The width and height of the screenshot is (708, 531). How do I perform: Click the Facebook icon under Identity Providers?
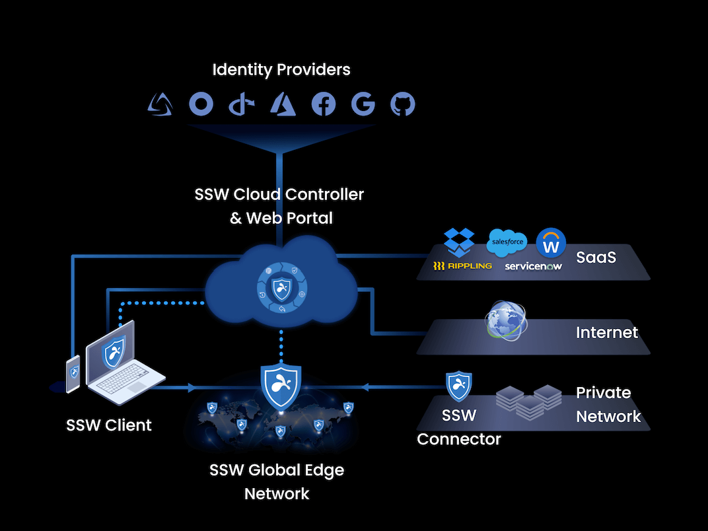[x=324, y=104]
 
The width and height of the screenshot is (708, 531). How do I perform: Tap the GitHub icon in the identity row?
[x=403, y=104]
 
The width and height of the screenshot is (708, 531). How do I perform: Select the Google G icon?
[x=363, y=104]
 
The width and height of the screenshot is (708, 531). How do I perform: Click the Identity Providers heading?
[x=281, y=69]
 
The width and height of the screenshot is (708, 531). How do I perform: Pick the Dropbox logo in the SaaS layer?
[x=459, y=242]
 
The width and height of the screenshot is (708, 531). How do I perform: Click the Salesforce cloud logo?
[x=507, y=242]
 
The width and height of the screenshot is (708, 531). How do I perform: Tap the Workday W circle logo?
[x=551, y=244]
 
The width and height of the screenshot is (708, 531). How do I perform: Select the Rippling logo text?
[x=462, y=265]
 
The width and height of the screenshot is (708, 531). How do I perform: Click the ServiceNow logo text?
[x=534, y=265]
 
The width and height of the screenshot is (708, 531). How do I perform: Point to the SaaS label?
[x=596, y=257]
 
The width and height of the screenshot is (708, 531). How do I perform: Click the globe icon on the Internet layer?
[x=507, y=321]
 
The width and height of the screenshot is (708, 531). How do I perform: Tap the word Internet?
[x=607, y=332]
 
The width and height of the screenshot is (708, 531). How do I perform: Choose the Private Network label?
[x=608, y=404]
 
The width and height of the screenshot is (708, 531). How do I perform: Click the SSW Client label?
[x=109, y=425]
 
